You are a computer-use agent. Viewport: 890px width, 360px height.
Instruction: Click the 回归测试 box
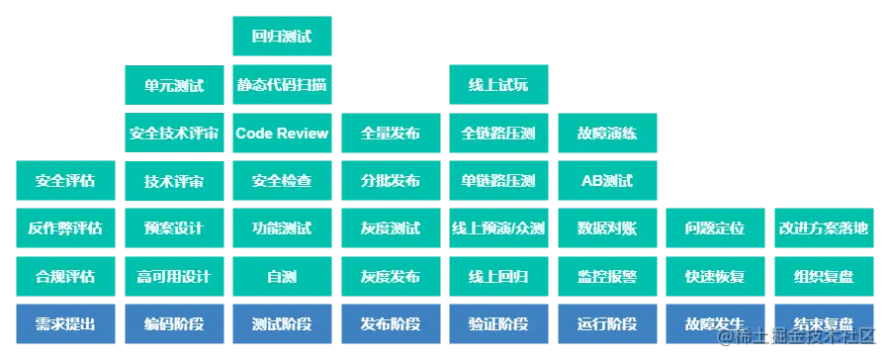coord(281,39)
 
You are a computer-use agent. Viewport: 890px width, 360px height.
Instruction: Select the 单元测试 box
coord(173,86)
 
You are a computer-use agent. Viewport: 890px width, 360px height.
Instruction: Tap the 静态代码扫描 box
coord(281,86)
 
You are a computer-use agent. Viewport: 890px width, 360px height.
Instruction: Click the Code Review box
coord(281,134)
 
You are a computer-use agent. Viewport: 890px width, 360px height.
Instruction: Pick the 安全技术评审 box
coord(173,134)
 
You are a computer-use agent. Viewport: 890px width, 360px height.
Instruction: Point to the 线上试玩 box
coord(497,86)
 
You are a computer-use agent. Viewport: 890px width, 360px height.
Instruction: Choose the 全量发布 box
coord(390,134)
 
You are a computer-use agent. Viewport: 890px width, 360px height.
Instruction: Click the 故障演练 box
coord(606,134)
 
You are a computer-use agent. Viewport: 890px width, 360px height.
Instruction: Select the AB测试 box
coord(606,181)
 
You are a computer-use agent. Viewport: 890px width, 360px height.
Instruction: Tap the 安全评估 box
coord(65,181)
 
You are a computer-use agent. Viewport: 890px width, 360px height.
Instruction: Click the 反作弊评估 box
coord(65,228)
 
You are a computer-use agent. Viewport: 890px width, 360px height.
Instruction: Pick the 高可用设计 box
coord(173,276)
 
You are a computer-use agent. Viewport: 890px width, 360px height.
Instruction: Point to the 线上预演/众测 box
coord(497,228)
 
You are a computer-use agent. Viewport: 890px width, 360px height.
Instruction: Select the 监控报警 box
coord(606,276)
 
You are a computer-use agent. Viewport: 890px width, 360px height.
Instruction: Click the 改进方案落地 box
coord(823,228)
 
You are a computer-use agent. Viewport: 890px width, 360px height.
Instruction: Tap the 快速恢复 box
coord(714,276)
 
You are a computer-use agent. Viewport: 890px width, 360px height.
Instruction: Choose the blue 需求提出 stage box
coord(65,324)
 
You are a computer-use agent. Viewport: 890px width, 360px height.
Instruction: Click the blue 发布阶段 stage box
coord(390,324)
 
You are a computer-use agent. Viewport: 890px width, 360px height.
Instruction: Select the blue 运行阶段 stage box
coord(606,324)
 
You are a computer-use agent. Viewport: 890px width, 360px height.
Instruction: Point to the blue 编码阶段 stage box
coord(173,324)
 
